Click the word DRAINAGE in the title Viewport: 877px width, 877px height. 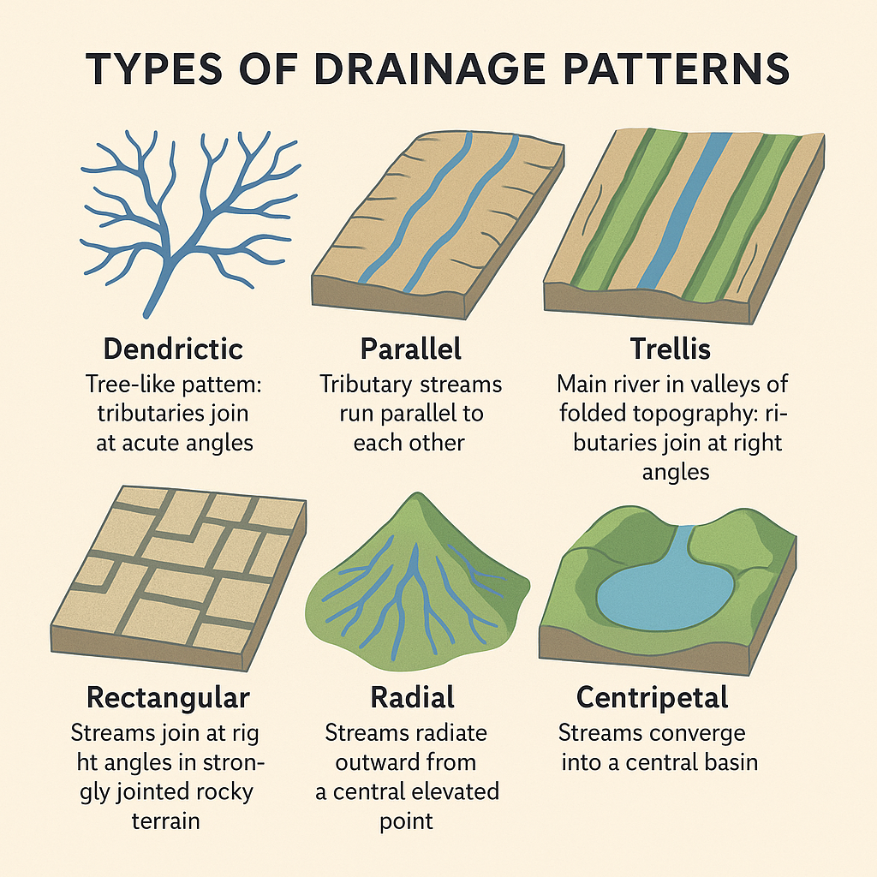430,69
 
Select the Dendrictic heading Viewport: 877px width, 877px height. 173,349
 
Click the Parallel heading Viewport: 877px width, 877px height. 410,349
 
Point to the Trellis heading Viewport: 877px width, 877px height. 670,349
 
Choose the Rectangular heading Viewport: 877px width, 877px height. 169,698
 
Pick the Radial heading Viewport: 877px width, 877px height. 412,697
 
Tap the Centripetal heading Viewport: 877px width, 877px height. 652,698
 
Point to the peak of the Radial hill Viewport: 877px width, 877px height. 415,494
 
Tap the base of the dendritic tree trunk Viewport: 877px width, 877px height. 147,314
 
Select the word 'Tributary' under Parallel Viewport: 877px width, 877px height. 365,385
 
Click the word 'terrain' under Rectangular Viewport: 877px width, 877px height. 165,821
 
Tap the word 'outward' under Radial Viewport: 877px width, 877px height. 373,762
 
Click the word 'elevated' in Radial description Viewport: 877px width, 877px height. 456,791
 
